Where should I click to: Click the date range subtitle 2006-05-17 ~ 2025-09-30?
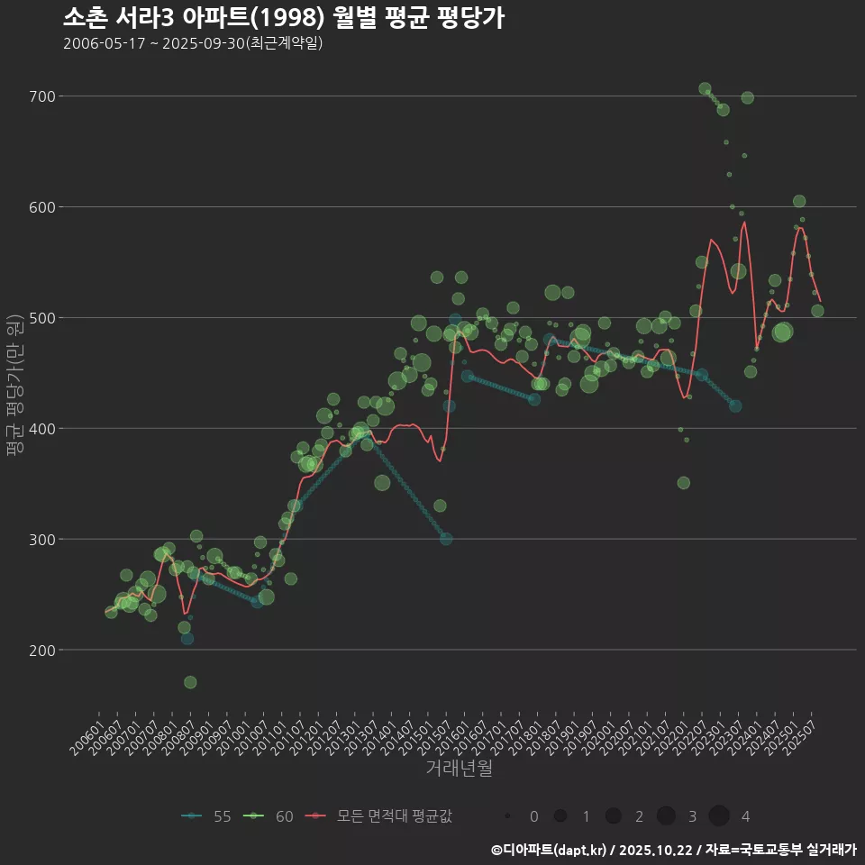(193, 43)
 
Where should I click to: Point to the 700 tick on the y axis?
(43, 96)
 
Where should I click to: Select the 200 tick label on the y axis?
(43, 650)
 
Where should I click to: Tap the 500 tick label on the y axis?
(43, 318)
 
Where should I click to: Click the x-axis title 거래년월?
(459, 769)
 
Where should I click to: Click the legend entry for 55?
(206, 816)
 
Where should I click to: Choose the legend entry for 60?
(269, 816)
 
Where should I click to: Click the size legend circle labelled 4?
(718, 816)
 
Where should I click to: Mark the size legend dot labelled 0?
(508, 816)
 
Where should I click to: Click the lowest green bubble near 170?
(190, 682)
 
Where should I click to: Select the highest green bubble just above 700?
(705, 88)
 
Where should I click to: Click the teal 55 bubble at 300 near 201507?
(446, 539)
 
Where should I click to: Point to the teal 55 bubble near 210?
(187, 639)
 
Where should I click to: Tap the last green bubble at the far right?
(817, 311)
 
